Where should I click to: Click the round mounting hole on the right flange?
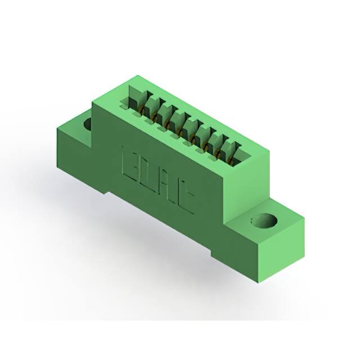pos(262,220)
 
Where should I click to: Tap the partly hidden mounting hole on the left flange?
pos(88,124)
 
